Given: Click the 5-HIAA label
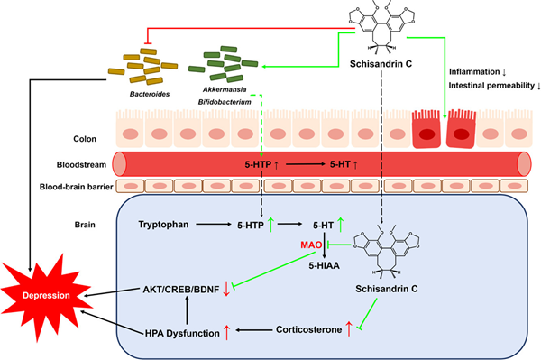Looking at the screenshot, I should [320, 267].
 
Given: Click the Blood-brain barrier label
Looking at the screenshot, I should [58, 188].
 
